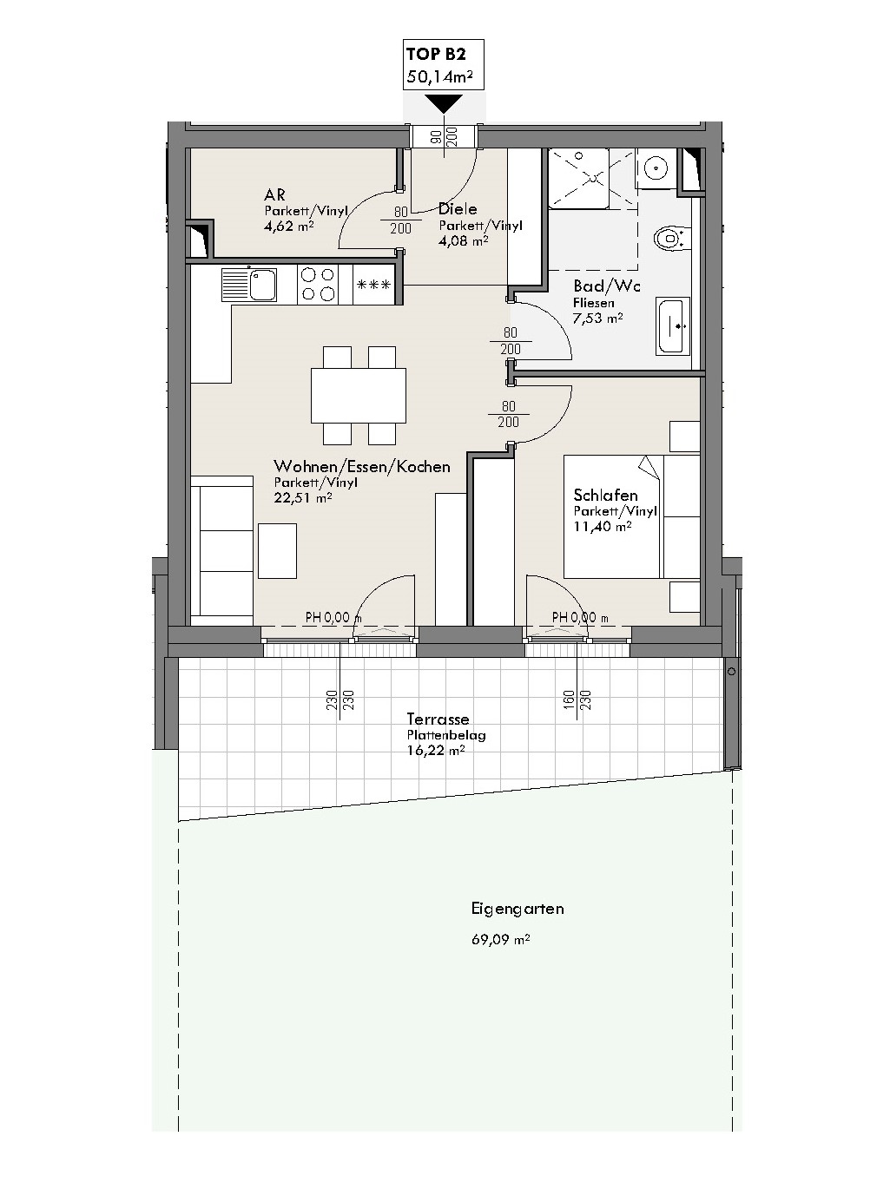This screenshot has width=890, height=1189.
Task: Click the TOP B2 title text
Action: pos(436,54)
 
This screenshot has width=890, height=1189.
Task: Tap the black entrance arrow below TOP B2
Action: pos(443,103)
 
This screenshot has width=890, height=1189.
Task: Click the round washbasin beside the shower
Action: pos(656,168)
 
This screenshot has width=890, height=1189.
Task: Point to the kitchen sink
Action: pos(248,285)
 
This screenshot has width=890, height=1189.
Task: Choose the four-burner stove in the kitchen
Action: pos(318,285)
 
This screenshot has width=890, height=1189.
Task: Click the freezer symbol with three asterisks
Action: pos(373,285)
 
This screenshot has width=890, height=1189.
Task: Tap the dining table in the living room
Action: pos(359,396)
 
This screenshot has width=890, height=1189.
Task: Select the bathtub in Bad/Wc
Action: pos(673,325)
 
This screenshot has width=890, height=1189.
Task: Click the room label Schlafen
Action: pos(605,495)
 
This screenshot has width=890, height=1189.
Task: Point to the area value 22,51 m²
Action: pos(303,497)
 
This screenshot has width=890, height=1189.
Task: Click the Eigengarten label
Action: pos(518,909)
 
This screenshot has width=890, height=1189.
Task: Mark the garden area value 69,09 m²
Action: pos(500,939)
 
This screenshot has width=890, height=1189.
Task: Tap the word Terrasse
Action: pos(438,719)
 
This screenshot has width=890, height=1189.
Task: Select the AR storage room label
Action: pos(274,194)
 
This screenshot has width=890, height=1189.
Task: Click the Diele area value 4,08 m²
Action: pos(464,240)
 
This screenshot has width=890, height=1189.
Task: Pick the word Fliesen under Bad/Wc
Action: pos(594,303)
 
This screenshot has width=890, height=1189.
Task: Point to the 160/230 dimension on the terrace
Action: pos(577,700)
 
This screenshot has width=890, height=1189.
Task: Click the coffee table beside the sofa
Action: pos(277,551)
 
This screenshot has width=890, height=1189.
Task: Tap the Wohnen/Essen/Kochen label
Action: pos(362,466)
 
